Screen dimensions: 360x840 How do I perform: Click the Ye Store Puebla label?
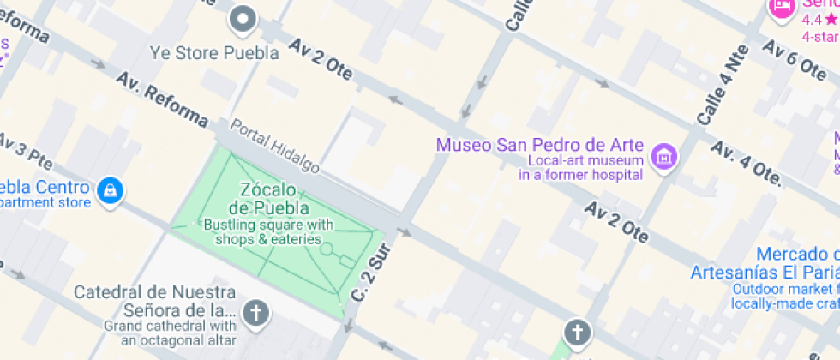click(214, 53)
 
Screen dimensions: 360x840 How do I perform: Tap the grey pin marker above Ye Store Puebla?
click(244, 18)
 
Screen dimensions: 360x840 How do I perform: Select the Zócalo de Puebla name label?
click(267, 198)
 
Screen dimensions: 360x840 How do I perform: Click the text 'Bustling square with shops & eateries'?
click(267, 232)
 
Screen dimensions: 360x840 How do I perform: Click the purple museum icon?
click(662, 157)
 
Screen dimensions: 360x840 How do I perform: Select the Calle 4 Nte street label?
click(723, 84)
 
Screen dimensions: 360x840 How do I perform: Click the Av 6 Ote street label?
click(792, 61)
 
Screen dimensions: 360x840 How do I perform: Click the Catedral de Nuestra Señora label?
click(153, 301)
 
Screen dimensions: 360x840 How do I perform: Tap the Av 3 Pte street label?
click(25, 151)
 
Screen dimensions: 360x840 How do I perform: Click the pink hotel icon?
click(781, 8)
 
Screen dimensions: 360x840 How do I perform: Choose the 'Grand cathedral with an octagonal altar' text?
click(170, 333)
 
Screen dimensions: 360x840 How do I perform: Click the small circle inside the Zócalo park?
click(327, 249)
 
